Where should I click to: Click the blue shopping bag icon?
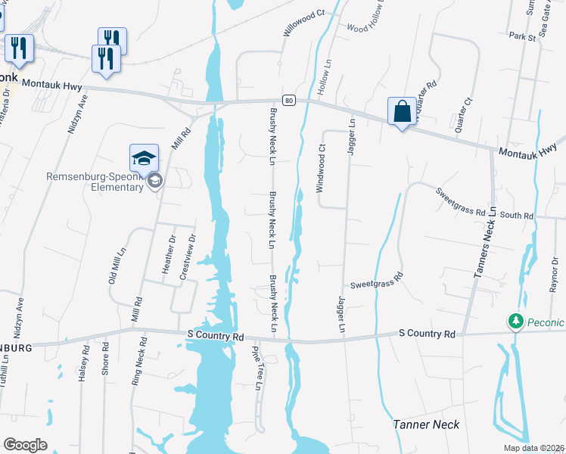[403, 112]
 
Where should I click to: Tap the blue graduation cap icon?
[144, 158]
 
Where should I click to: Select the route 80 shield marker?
[288, 100]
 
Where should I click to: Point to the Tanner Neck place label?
[426, 424]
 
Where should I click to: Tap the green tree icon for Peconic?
[516, 322]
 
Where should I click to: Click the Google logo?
[25, 445]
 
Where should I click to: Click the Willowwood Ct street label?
[303, 24]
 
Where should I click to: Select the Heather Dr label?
[167, 253]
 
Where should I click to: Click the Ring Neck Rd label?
[138, 365]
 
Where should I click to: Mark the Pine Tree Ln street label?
[257, 368]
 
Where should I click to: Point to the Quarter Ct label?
[463, 114]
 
